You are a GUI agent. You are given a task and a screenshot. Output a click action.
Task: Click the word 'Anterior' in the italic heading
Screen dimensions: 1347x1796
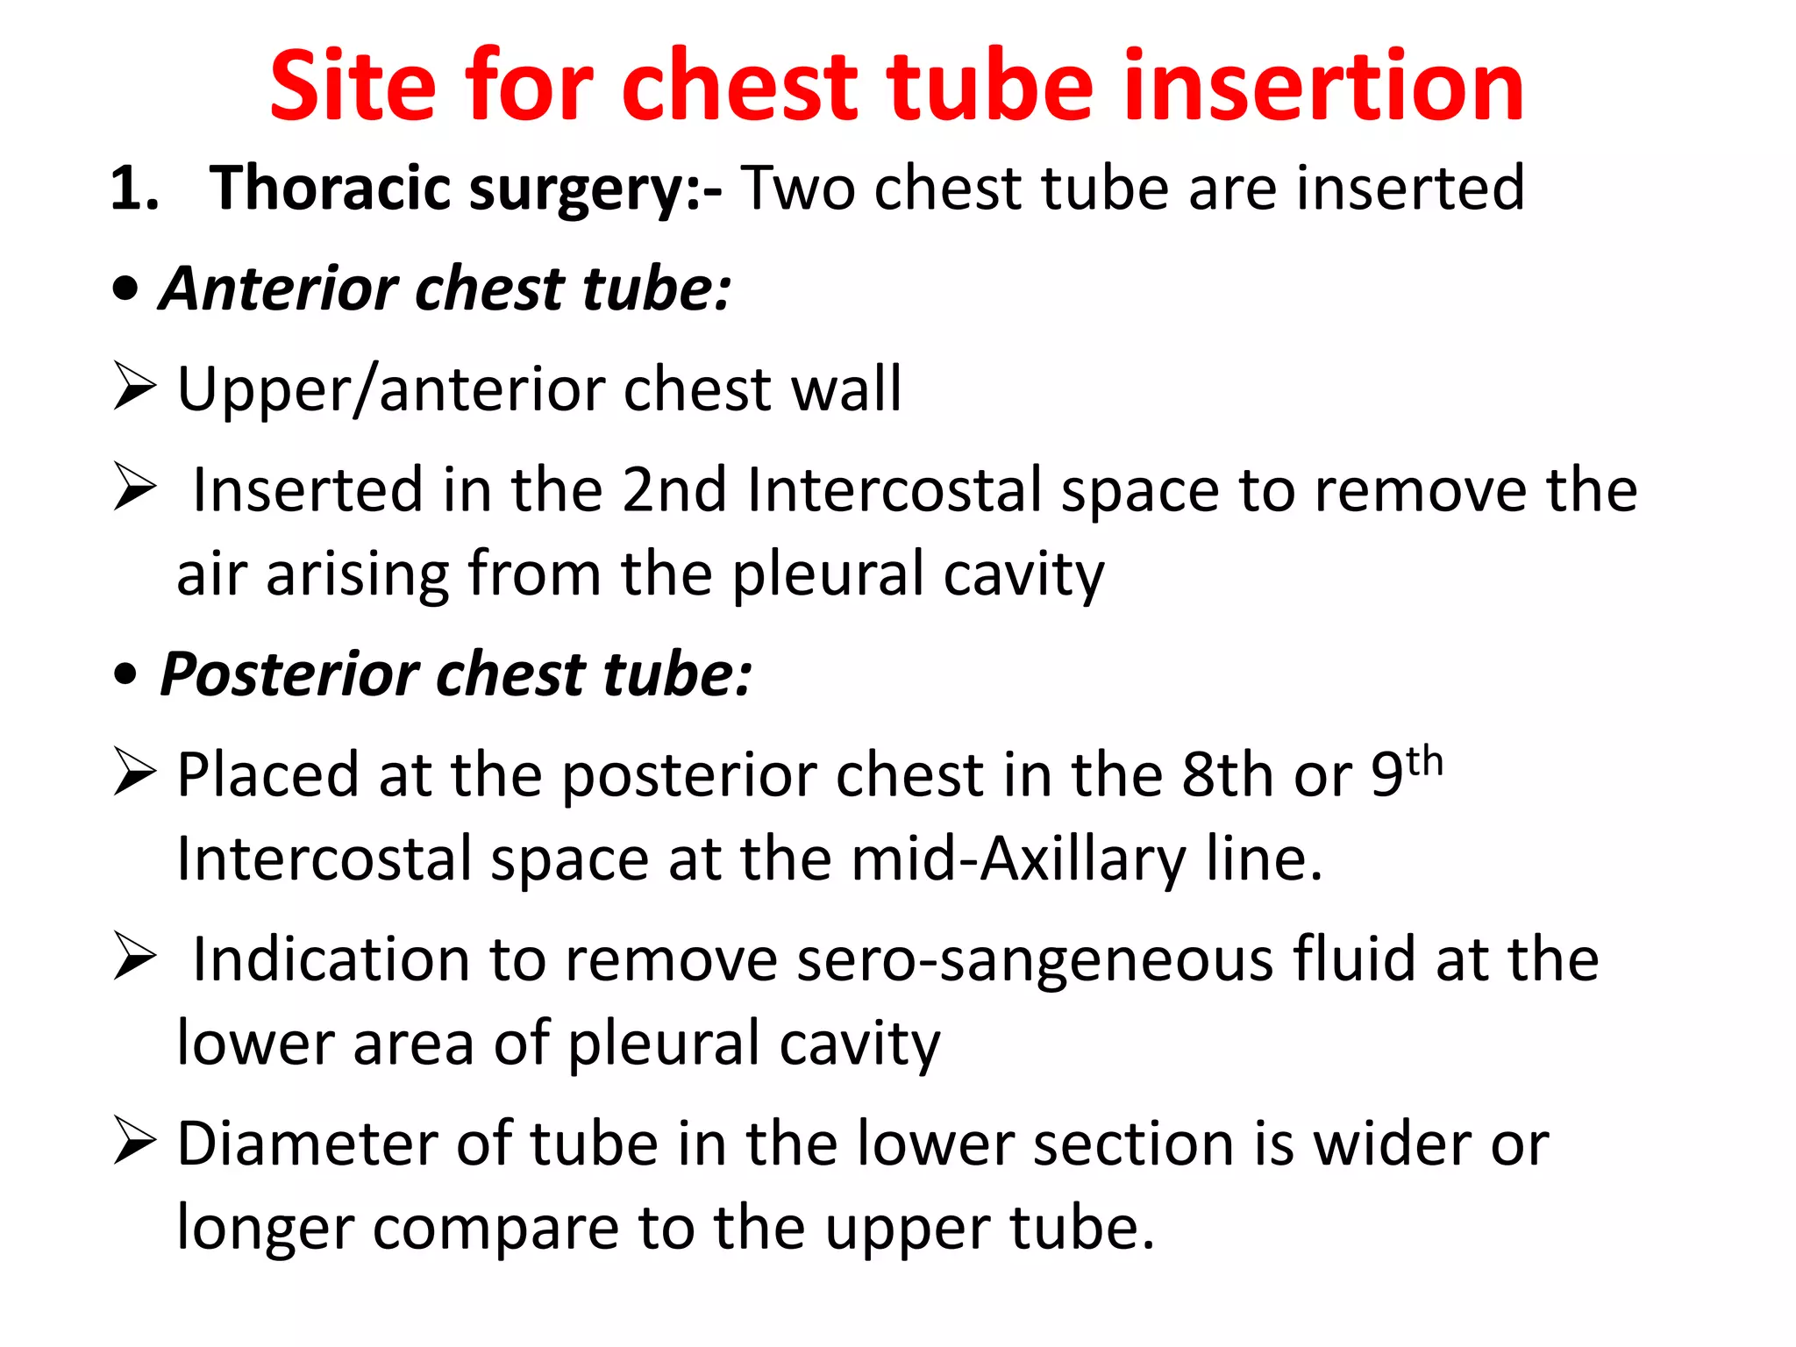(280, 289)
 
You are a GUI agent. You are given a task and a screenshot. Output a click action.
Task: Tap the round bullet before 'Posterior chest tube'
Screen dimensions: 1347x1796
(126, 674)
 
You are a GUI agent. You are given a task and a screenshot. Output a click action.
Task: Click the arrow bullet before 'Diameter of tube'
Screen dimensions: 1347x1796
(134, 1144)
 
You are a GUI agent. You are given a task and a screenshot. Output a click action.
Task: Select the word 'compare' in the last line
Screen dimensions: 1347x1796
(496, 1229)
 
